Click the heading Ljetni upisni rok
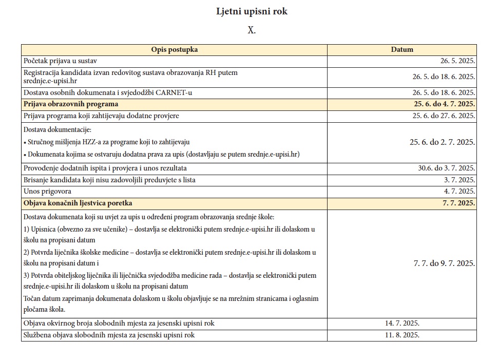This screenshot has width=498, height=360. point(252,11)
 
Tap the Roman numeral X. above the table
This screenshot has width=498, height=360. point(252,30)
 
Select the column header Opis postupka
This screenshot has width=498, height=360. point(174,50)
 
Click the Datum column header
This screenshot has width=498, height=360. point(401,50)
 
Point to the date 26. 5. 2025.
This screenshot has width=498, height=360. point(457,61)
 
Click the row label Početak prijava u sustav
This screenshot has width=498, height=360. point(60,61)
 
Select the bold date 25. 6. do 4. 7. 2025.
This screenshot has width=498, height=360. point(444,104)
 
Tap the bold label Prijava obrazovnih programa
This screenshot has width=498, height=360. point(71,104)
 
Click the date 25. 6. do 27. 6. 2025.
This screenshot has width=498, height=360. point(444,116)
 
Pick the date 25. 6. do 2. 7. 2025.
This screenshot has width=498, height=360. point(442,142)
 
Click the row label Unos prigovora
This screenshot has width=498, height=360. point(47,192)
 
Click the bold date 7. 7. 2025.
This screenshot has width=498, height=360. point(458,203)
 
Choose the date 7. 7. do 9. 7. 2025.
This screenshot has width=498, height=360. point(444,263)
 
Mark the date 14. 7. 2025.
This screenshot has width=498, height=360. point(402,324)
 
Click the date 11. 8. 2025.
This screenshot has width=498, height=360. point(402,335)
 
